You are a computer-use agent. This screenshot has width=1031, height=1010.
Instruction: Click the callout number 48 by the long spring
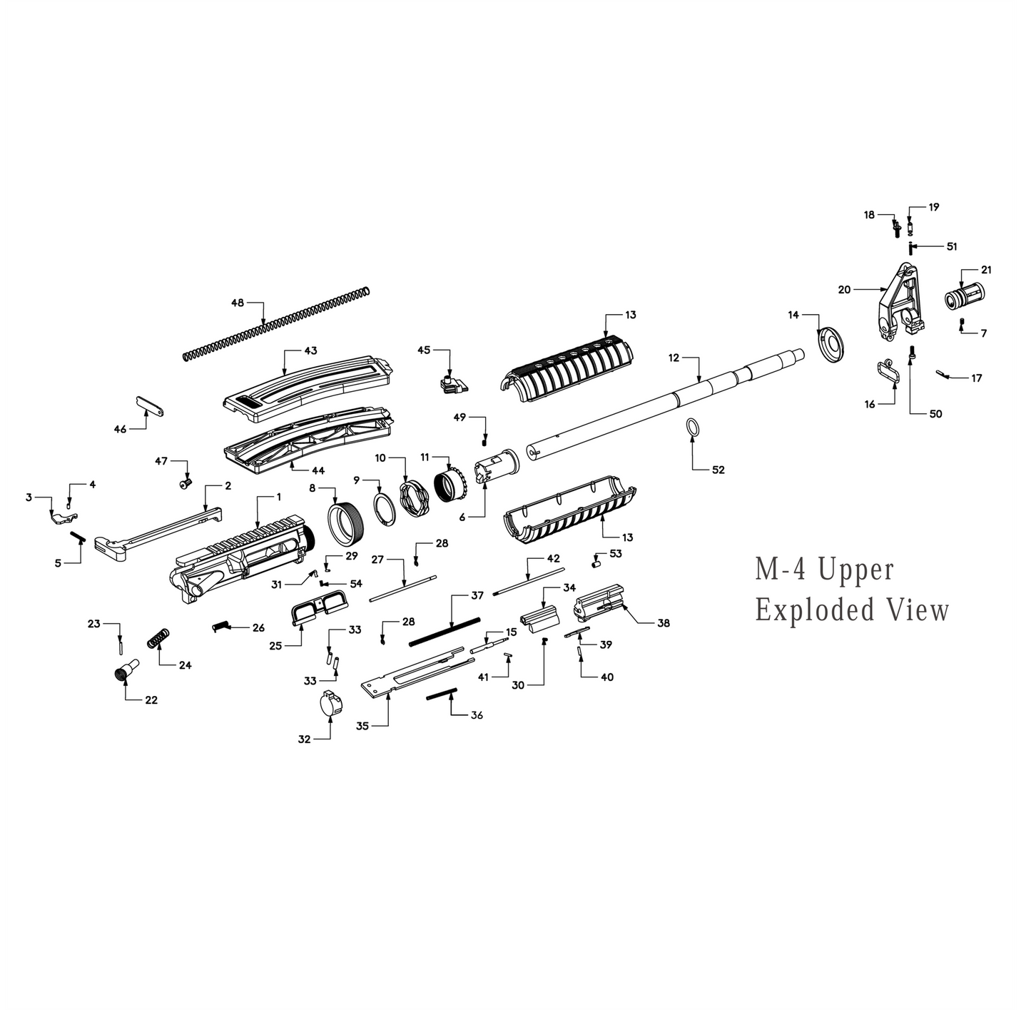[237, 303]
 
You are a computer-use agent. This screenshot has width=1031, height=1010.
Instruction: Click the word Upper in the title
[855, 570]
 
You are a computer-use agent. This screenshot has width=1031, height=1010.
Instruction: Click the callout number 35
[362, 726]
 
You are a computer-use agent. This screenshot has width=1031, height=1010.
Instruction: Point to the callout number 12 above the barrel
[674, 358]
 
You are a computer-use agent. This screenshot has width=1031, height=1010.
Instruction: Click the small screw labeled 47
[185, 485]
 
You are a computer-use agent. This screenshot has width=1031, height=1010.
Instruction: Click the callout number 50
[935, 414]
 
